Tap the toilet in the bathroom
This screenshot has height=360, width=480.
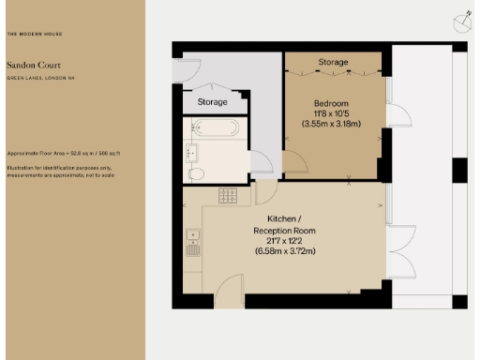(x=197, y=173)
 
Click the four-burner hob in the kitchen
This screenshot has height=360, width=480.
(x=228, y=194)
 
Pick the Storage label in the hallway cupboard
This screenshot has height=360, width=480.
(x=212, y=101)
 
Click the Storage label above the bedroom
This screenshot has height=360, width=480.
(x=333, y=63)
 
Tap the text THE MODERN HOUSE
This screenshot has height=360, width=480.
(x=37, y=34)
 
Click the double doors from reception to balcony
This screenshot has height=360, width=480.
(x=400, y=251)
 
